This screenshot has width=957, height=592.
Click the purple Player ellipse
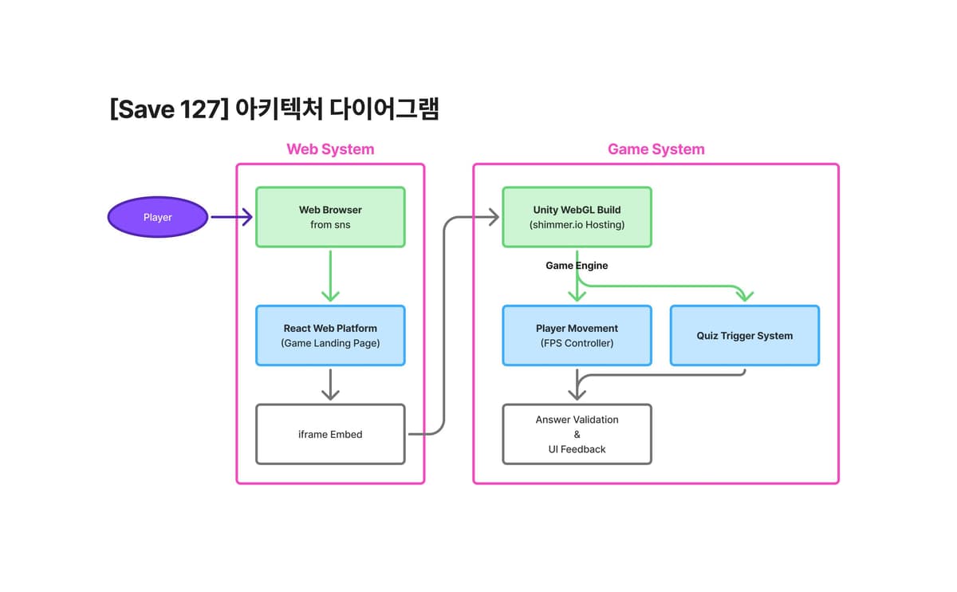pyautogui.click(x=158, y=217)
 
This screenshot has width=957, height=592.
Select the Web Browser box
pyautogui.click(x=330, y=217)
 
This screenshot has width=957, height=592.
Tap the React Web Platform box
pyautogui.click(x=330, y=336)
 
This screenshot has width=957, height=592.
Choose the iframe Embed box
pyautogui.click(x=330, y=434)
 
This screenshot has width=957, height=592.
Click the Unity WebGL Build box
pyautogui.click(x=577, y=217)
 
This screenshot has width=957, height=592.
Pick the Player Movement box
pyautogui.click(x=577, y=336)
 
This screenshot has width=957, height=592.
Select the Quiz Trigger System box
pyautogui.click(x=745, y=336)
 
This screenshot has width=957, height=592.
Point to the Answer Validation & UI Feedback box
pyautogui.click(x=577, y=434)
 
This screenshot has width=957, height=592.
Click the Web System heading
pyautogui.click(x=330, y=149)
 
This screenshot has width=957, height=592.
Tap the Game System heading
pyautogui.click(x=656, y=149)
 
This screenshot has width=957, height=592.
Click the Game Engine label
pyautogui.click(x=577, y=266)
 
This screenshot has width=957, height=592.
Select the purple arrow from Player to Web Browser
pyautogui.click(x=231, y=217)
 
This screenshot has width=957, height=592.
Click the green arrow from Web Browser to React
pyautogui.click(x=330, y=276)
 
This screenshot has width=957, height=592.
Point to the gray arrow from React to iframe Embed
pyautogui.click(x=330, y=385)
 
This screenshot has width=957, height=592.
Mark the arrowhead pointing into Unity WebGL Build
pyautogui.click(x=494, y=217)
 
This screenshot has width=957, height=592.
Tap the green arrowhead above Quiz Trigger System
pyautogui.click(x=745, y=296)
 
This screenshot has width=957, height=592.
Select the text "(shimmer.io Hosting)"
pyautogui.click(x=577, y=225)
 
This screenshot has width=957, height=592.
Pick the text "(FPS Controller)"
pyautogui.click(x=577, y=343)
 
